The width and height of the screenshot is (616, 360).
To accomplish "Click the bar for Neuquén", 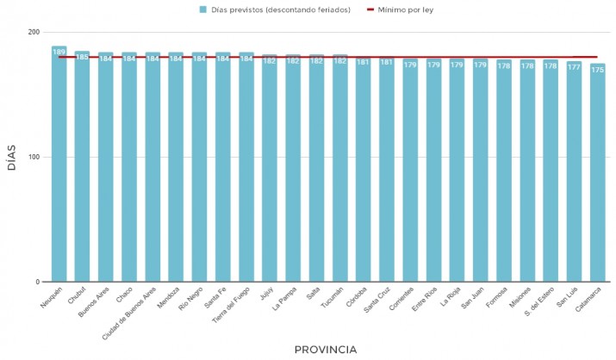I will click(59, 164).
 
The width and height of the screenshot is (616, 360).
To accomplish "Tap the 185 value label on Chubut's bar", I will click(82, 57).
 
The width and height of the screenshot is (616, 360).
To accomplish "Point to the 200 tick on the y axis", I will click(34, 33).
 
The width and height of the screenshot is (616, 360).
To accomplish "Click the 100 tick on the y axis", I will click(34, 158).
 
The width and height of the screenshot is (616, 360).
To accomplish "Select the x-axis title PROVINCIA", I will click(325, 350).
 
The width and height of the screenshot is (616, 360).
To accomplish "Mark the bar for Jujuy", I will click(270, 172).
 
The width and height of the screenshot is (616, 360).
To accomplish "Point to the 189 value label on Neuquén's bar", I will click(59, 52).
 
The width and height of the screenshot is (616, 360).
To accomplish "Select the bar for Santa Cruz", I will click(387, 172).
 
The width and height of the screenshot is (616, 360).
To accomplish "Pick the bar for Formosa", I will click(504, 172).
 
